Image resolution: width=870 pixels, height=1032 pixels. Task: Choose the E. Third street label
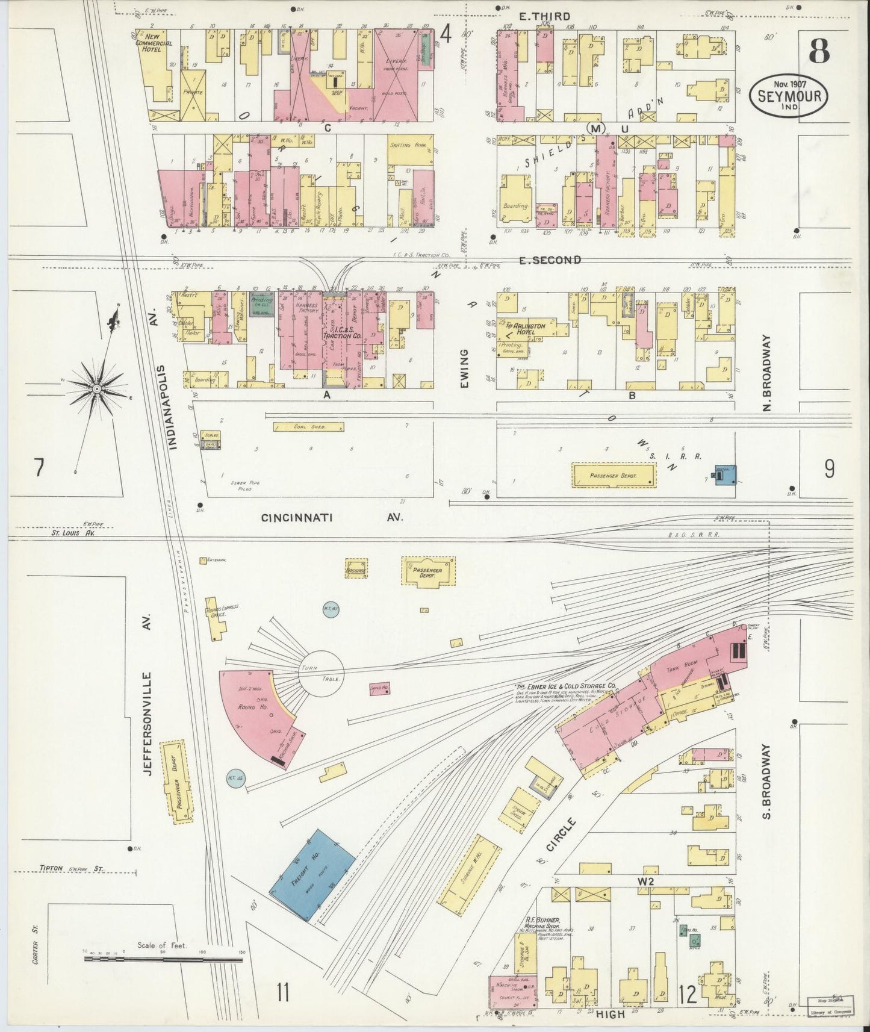pos(544,17)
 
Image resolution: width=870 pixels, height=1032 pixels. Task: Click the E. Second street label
pos(550,260)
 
